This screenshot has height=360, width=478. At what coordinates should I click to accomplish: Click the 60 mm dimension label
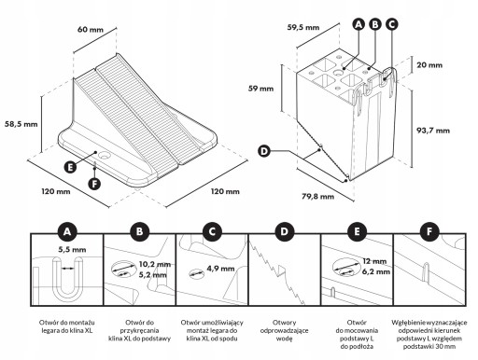coord(91,30)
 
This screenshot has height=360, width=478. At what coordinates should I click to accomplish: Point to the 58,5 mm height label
coord(21,124)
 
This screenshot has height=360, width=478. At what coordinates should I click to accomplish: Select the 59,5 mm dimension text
coord(303,27)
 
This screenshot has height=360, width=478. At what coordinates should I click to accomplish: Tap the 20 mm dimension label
coord(429,65)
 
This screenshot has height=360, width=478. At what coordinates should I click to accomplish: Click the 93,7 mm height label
coord(433,131)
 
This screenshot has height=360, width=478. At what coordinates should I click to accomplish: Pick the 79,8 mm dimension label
coord(317,197)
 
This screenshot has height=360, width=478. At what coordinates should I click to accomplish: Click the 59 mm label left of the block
coord(260,89)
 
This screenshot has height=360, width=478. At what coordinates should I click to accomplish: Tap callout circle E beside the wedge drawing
coord(70,167)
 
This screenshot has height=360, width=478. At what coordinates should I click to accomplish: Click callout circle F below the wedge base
coord(94,184)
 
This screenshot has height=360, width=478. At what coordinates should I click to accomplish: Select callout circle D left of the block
coord(264,151)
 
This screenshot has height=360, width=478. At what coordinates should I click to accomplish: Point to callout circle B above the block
coord(375,24)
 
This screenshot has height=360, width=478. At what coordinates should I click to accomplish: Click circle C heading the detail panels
coord(212,231)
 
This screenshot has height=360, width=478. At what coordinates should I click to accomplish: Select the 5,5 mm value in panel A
coord(72,250)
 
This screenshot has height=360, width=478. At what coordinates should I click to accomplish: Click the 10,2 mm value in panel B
coord(155,264)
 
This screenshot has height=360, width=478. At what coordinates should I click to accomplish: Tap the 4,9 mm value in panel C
coord(220,269)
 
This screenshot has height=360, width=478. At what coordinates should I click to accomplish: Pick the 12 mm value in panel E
coord(374,261)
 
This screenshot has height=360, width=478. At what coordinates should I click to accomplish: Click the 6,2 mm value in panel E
coord(376,271)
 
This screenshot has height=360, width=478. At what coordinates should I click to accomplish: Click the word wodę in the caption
coord(284,339)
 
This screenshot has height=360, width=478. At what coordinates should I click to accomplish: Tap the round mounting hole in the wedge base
coord(103,155)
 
